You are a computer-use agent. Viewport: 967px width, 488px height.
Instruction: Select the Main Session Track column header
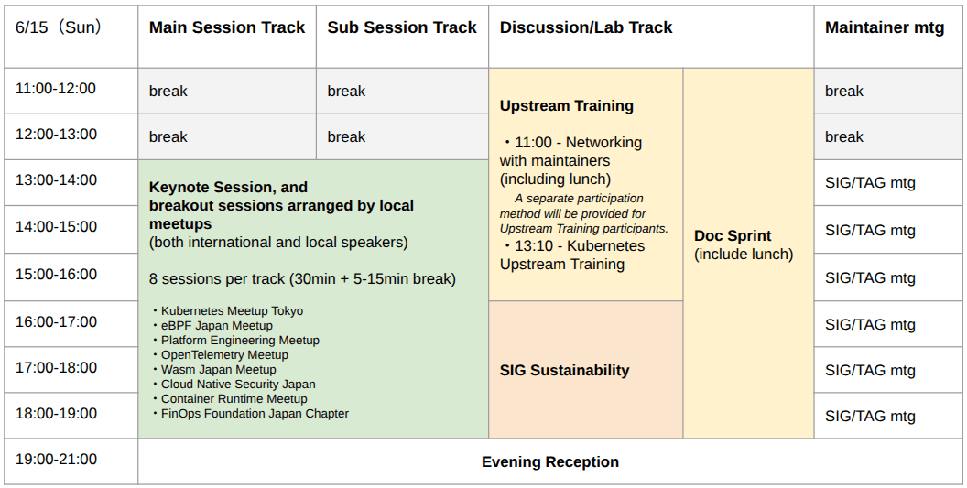tap(227, 27)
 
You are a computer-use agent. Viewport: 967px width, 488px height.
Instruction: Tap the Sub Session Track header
tap(402, 27)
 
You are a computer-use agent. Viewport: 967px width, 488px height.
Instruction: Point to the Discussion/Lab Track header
tap(586, 27)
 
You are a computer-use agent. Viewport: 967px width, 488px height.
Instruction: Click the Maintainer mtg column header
tap(885, 27)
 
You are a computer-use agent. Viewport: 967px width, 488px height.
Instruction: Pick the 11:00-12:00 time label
tap(56, 88)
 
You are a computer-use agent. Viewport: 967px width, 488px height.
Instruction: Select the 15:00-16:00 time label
tap(56, 274)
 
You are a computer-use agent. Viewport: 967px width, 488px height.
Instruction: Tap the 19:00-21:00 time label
tap(56, 459)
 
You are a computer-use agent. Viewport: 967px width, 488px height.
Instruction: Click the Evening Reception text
tap(550, 462)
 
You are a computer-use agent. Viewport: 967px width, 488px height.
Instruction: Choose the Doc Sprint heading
tap(733, 235)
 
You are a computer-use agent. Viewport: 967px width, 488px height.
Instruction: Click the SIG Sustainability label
tap(564, 370)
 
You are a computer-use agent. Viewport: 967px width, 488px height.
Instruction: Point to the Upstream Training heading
tap(567, 105)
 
